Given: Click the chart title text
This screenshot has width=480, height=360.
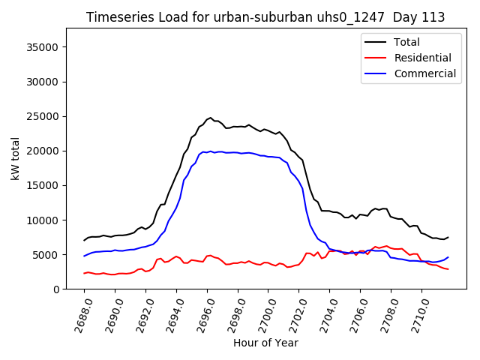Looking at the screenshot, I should pos(265,17).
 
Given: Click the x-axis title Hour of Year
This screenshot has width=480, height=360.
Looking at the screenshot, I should pos(265,343).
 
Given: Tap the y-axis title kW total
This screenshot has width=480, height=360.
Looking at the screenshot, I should pos(15,158).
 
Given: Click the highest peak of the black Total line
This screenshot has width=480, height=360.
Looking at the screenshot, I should pos(211,118).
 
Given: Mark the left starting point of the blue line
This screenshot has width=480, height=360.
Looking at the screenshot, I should pos(84,256).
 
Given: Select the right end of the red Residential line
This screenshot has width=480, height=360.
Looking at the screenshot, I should pos(448,269).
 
